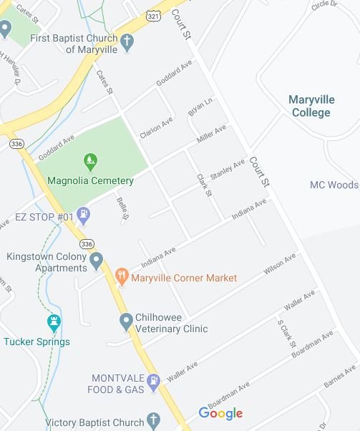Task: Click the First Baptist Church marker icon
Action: [127, 42]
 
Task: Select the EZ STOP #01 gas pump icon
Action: [84, 213]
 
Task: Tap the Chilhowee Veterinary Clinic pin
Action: [127, 321]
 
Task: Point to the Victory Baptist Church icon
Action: [153, 421]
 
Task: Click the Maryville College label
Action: [311, 106]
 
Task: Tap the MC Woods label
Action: [334, 185]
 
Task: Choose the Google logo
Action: [220, 413]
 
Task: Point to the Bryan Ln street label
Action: [200, 108]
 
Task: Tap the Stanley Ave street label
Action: [228, 170]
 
